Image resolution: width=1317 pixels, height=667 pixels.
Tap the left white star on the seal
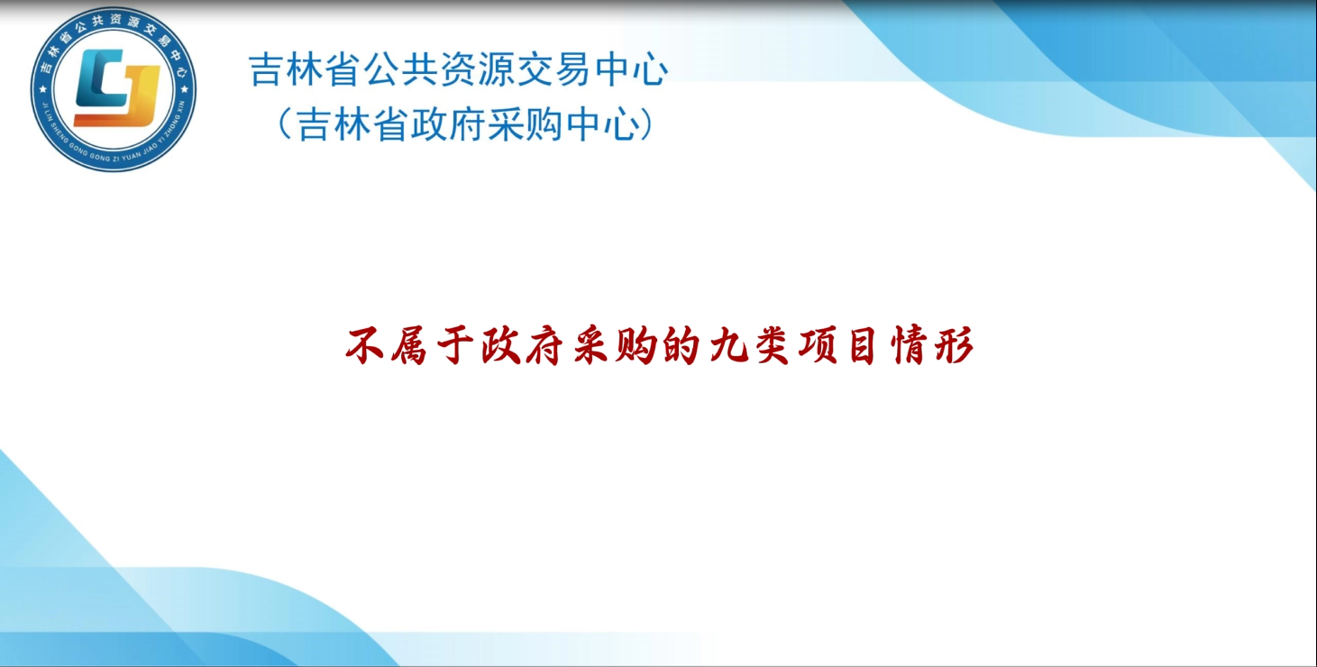pos(42,89)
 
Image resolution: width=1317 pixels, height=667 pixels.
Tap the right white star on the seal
pos(185,89)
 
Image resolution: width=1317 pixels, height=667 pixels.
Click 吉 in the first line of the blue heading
pos(266,69)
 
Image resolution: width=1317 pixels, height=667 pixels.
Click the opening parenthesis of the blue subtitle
pos(284,124)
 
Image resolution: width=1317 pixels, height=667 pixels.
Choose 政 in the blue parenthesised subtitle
pos(429,124)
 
